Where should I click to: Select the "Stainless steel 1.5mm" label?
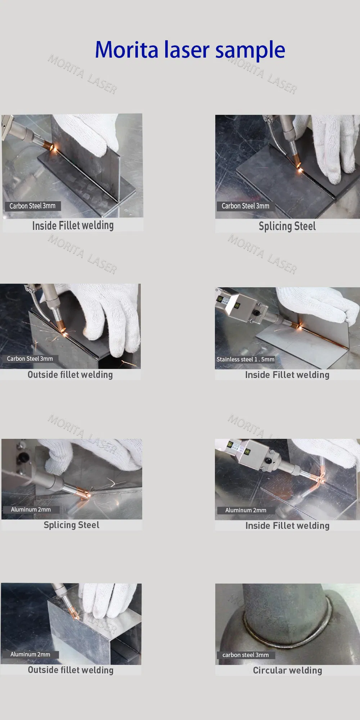pos(246,359)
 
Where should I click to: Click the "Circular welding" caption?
pos(287,670)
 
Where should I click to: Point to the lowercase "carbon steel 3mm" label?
pos(246,655)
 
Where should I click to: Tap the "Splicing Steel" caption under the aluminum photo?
pos(71,525)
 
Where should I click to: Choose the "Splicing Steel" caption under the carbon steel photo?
pos(287,226)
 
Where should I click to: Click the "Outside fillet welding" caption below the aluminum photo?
pos(71,670)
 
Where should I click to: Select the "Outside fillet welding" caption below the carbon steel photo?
pos(70,375)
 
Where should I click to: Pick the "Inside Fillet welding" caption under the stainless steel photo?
pos(287,375)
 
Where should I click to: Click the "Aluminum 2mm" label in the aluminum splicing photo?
pos(31,509)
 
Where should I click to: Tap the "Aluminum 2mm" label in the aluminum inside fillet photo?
pos(246,510)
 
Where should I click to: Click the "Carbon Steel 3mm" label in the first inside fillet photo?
pos(32,206)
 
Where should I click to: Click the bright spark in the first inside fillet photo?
pos(54,147)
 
